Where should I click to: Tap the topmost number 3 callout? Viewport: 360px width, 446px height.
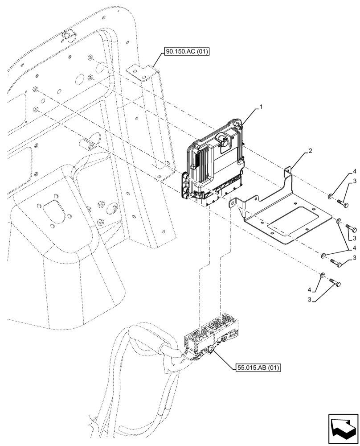tap(354, 181)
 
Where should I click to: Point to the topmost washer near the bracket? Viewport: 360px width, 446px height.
tap(330, 195)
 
